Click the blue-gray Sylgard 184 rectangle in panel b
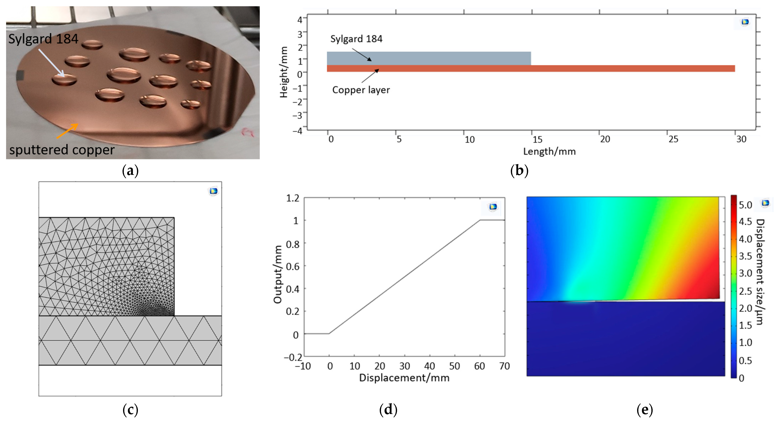(429, 58)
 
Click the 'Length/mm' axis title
(549, 151)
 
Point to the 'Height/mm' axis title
(284, 72)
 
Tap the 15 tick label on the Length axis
(537, 139)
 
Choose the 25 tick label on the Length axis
(673, 139)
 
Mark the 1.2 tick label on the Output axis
(293, 198)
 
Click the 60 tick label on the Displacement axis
(479, 366)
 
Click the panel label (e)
(644, 410)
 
